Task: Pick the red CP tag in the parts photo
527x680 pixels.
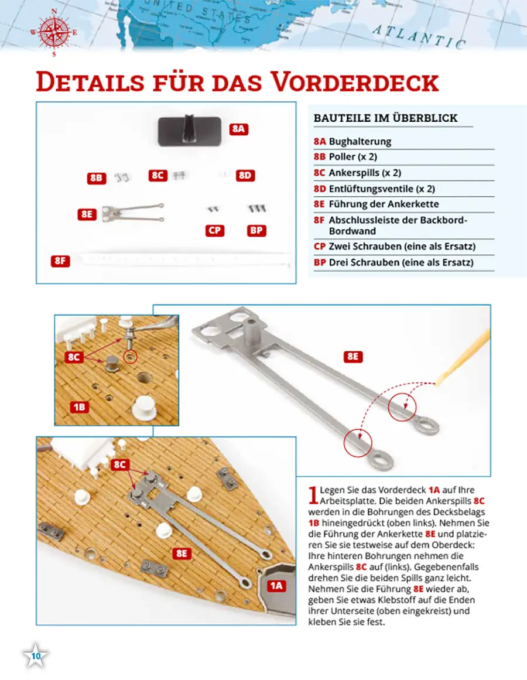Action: tap(215, 230)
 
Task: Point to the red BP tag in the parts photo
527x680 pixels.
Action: tap(256, 230)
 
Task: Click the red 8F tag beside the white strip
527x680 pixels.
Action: tap(60, 261)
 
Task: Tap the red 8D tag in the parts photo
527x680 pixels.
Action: tap(245, 176)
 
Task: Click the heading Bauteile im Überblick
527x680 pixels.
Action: tap(386, 118)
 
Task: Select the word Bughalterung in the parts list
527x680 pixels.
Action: tap(360, 142)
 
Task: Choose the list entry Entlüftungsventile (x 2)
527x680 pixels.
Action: tap(382, 189)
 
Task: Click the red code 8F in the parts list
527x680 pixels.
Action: tap(319, 220)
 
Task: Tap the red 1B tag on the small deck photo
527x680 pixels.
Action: tap(78, 405)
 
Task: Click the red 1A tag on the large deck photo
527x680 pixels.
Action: tap(276, 585)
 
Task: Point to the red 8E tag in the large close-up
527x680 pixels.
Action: tap(353, 356)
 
